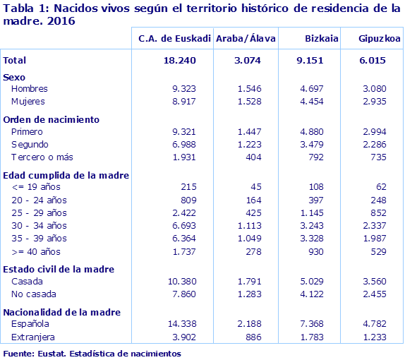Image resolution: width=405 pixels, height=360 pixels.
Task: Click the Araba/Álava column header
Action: [x=246, y=38]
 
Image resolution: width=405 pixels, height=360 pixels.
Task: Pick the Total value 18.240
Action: [x=179, y=61]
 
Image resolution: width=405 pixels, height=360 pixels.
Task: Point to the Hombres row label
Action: [x=30, y=89]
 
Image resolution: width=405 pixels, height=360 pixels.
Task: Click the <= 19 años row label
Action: [x=37, y=187]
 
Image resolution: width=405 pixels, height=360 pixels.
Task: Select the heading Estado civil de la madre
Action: [x=59, y=269]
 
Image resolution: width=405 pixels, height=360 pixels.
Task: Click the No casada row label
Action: [x=33, y=294]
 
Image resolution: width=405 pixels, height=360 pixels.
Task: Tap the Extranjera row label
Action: [x=33, y=337]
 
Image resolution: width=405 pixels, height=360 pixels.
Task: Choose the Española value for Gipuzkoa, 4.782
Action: [x=374, y=325]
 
